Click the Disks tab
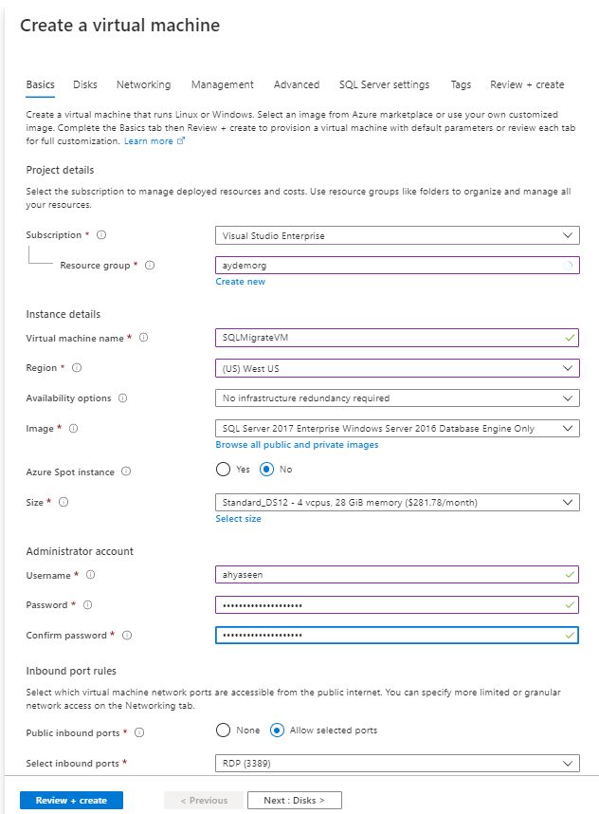(85, 84)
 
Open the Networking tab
(143, 84)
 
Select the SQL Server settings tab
(384, 84)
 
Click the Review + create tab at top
(527, 84)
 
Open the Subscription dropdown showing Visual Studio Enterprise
(397, 235)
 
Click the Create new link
(240, 282)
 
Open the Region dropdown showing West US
(397, 368)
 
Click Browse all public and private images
(297, 445)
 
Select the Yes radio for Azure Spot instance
(224, 470)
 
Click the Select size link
(238, 519)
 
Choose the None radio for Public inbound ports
(224, 731)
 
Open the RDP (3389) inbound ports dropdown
(397, 764)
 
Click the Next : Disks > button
(294, 801)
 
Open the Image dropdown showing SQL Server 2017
(397, 429)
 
